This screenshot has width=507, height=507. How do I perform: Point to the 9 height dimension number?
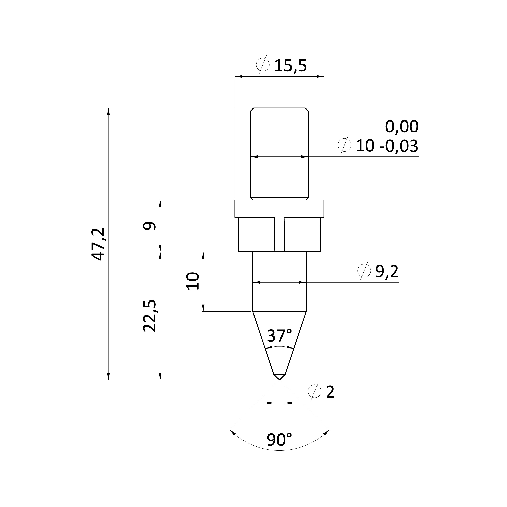(150, 226)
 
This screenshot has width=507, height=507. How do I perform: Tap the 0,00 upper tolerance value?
(402, 127)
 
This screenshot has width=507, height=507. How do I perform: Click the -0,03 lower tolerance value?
(399, 146)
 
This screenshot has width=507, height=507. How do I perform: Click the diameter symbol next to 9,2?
(364, 271)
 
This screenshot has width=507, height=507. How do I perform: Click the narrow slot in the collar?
(280, 234)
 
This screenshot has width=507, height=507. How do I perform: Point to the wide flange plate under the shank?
(280, 209)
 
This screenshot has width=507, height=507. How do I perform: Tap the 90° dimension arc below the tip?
(280, 451)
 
